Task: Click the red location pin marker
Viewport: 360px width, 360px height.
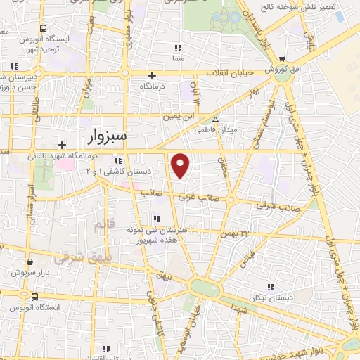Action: click(181, 165)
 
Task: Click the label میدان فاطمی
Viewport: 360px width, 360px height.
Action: click(238, 129)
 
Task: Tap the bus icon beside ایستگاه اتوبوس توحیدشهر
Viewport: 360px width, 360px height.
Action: click(44, 29)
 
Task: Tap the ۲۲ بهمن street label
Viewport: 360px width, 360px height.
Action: click(235, 233)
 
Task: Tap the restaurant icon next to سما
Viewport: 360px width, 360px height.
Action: click(179, 48)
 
